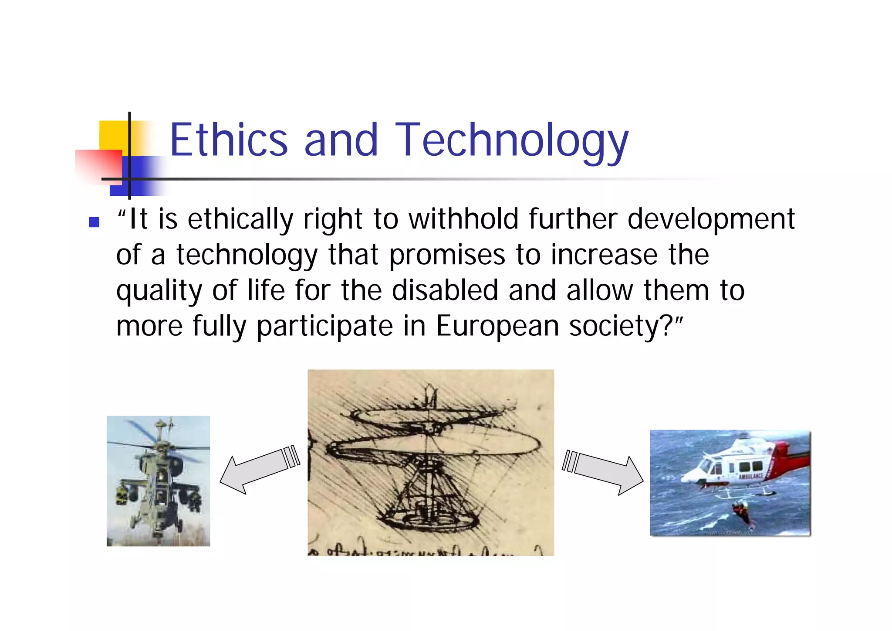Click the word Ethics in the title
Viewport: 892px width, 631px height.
click(229, 140)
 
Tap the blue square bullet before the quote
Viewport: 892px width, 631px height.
click(94, 222)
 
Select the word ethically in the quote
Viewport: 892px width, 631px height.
click(240, 219)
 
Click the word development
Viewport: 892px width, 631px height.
click(711, 219)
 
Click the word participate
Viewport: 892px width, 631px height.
click(325, 327)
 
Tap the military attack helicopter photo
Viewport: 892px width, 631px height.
click(158, 481)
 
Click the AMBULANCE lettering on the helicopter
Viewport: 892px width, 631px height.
click(750, 476)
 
